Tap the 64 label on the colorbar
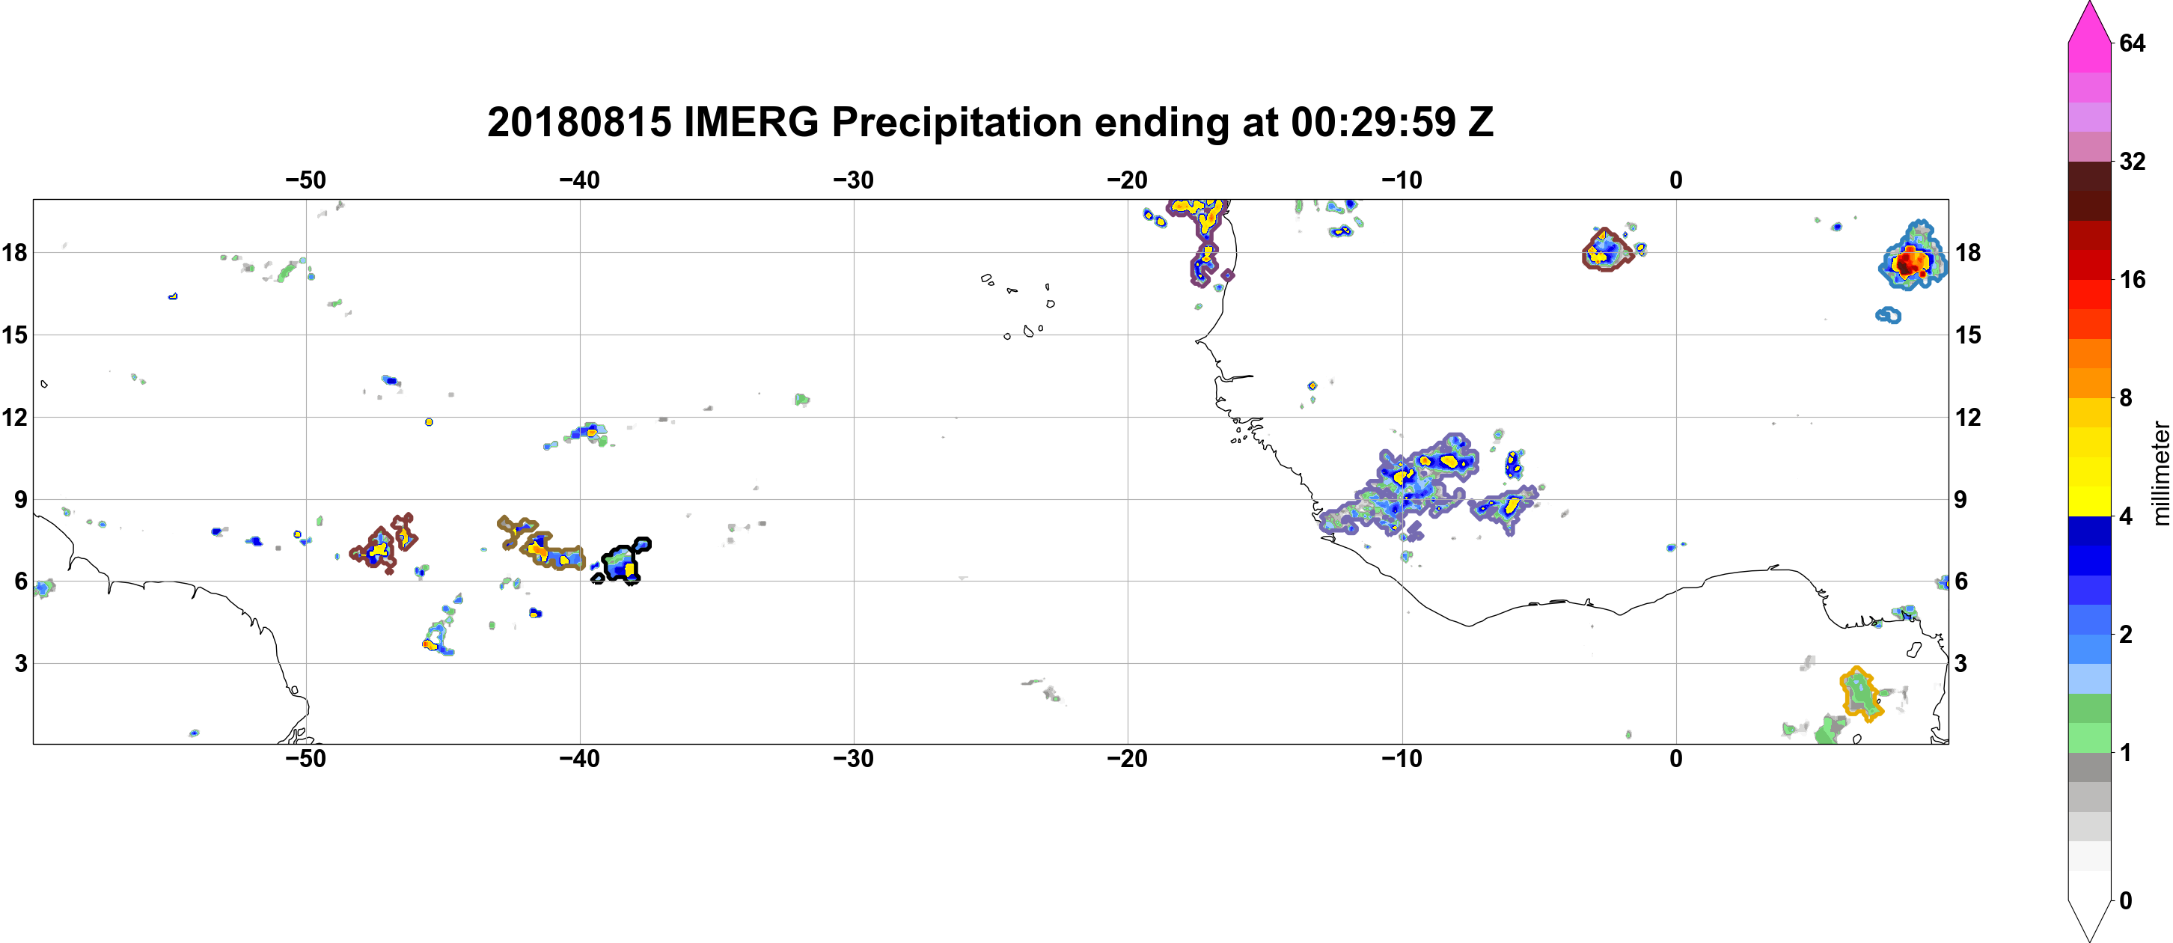2132,43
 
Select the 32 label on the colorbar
2132,161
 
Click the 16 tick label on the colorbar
2132,279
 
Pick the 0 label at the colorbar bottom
2126,901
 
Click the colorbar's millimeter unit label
2160,473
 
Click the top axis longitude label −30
854,180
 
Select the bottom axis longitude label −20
1128,759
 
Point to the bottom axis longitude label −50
305,759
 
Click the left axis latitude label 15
14,335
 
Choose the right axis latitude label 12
1968,418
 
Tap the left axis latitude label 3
20,664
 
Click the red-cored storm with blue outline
1913,255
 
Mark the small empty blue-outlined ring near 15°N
1888,316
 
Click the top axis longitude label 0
1676,180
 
